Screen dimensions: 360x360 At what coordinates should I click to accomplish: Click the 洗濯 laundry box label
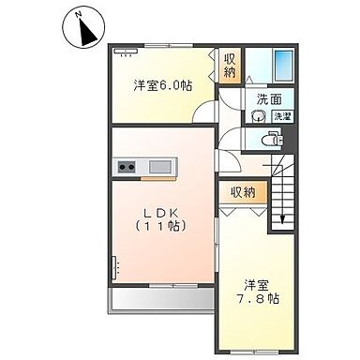coord(281,116)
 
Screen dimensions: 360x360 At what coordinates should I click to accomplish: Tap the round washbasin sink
coord(257,117)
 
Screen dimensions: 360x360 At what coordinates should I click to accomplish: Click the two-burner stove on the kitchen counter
coord(127,168)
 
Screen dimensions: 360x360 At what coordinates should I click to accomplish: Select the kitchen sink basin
coord(159,168)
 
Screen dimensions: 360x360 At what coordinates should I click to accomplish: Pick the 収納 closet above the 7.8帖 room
coord(242,192)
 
